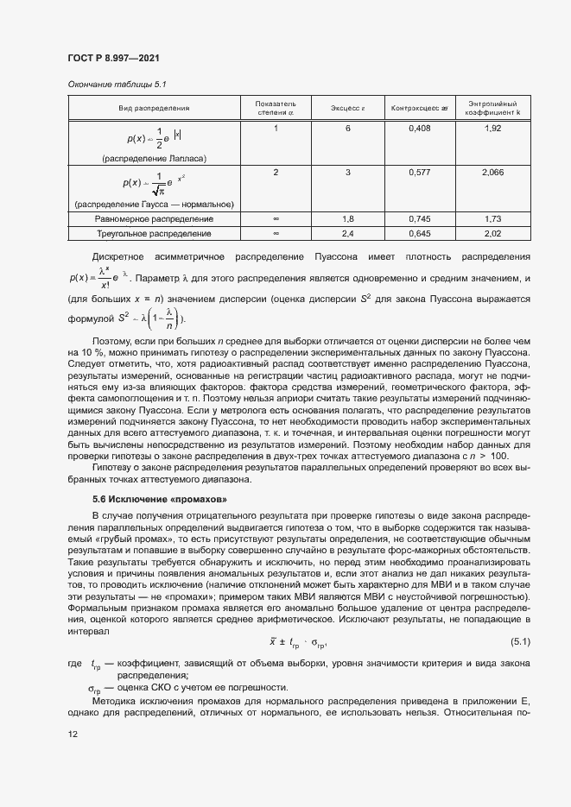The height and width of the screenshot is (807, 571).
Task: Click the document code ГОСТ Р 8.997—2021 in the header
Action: pyautogui.click(x=112, y=58)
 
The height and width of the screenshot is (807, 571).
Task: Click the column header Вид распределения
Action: pyautogui.click(x=155, y=108)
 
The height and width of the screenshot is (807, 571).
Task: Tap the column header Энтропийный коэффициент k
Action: pyautogui.click(x=492, y=108)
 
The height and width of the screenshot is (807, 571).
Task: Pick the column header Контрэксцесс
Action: pyautogui.click(x=420, y=108)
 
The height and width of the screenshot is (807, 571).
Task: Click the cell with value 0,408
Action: pyautogui.click(x=420, y=129)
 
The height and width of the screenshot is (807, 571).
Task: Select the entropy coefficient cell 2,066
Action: pyautogui.click(x=492, y=173)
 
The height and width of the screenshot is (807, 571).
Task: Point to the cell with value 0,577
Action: pyautogui.click(x=420, y=173)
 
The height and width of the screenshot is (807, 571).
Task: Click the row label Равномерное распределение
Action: pyautogui.click(x=155, y=219)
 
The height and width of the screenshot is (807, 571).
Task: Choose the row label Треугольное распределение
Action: pyautogui.click(x=155, y=233)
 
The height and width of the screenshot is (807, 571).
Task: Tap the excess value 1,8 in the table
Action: pyautogui.click(x=349, y=219)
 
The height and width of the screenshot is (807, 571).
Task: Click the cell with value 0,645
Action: pyautogui.click(x=420, y=233)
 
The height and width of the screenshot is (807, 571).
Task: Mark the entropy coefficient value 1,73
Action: pyautogui.click(x=492, y=219)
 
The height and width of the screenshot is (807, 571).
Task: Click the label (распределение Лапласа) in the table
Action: pyautogui.click(x=155, y=159)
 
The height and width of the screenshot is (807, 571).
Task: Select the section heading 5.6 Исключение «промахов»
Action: pyautogui.click(x=160, y=500)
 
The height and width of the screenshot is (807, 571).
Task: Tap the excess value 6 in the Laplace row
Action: pyautogui.click(x=349, y=129)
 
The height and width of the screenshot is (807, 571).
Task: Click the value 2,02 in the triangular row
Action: pyautogui.click(x=492, y=233)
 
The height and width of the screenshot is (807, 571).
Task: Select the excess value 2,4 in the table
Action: pyautogui.click(x=349, y=233)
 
